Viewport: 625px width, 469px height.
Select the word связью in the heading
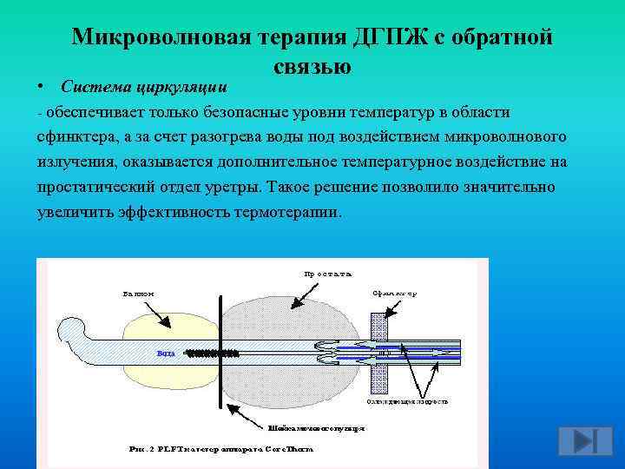(312, 65)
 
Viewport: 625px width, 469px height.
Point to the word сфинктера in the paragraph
(73, 137)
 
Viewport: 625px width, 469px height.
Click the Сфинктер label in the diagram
(395, 293)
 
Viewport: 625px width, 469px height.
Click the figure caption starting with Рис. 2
(221, 449)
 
